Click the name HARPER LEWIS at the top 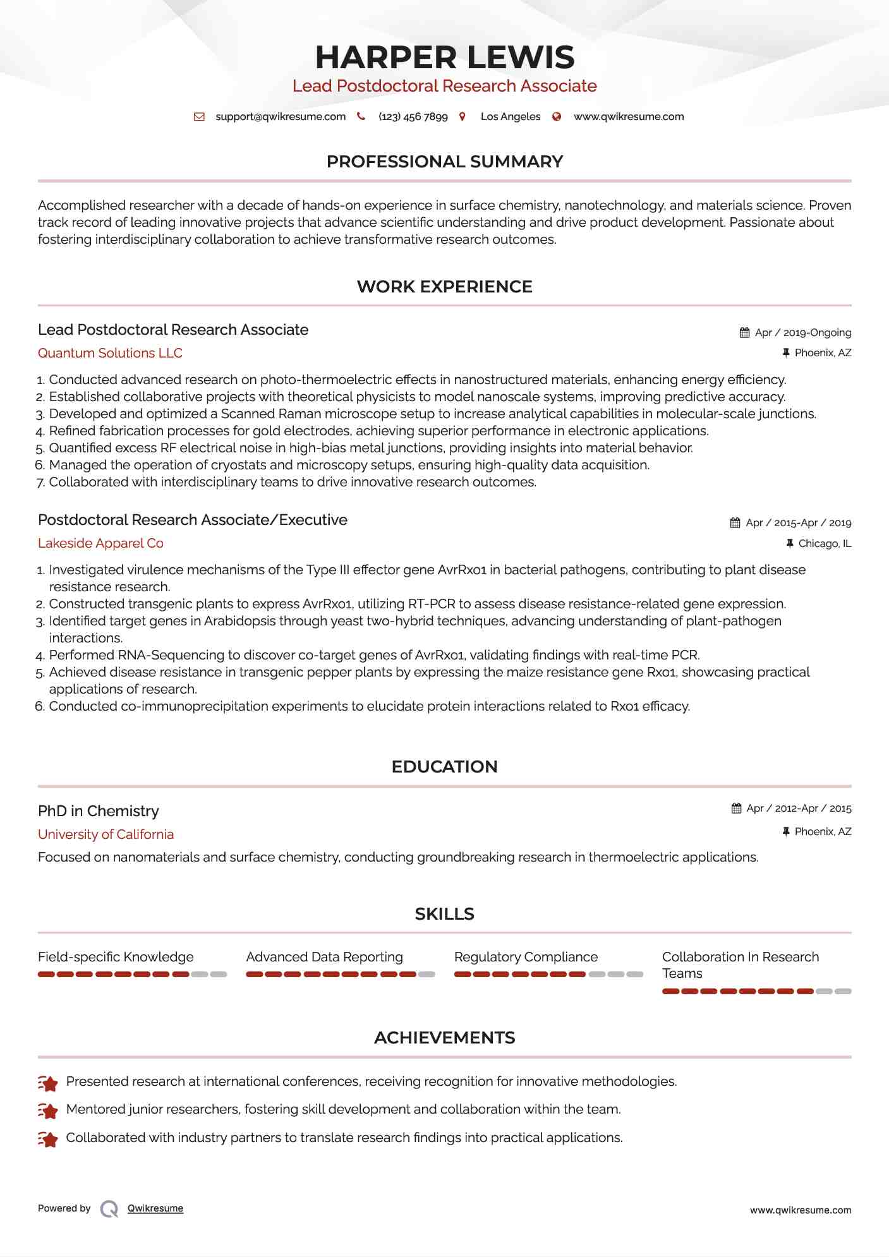pos(444,57)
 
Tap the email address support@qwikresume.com pos(281,116)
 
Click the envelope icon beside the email pos(199,116)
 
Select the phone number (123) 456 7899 pos(413,116)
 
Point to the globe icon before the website pos(557,116)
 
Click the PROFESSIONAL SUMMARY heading pos(444,162)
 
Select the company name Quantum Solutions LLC pos(110,353)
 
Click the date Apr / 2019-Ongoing pos(802,332)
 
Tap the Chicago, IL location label pos(825,543)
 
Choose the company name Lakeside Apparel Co pos(100,543)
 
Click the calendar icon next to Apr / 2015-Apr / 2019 pos(735,522)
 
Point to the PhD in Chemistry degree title pos(99,811)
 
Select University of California pos(106,834)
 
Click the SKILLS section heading pos(444,914)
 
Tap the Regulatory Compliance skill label pos(526,957)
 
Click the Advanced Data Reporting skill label pos(324,957)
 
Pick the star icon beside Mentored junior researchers pos(48,1110)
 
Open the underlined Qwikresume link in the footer pos(155,1208)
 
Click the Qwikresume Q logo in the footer pos(109,1208)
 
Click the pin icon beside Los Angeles pos(463,116)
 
